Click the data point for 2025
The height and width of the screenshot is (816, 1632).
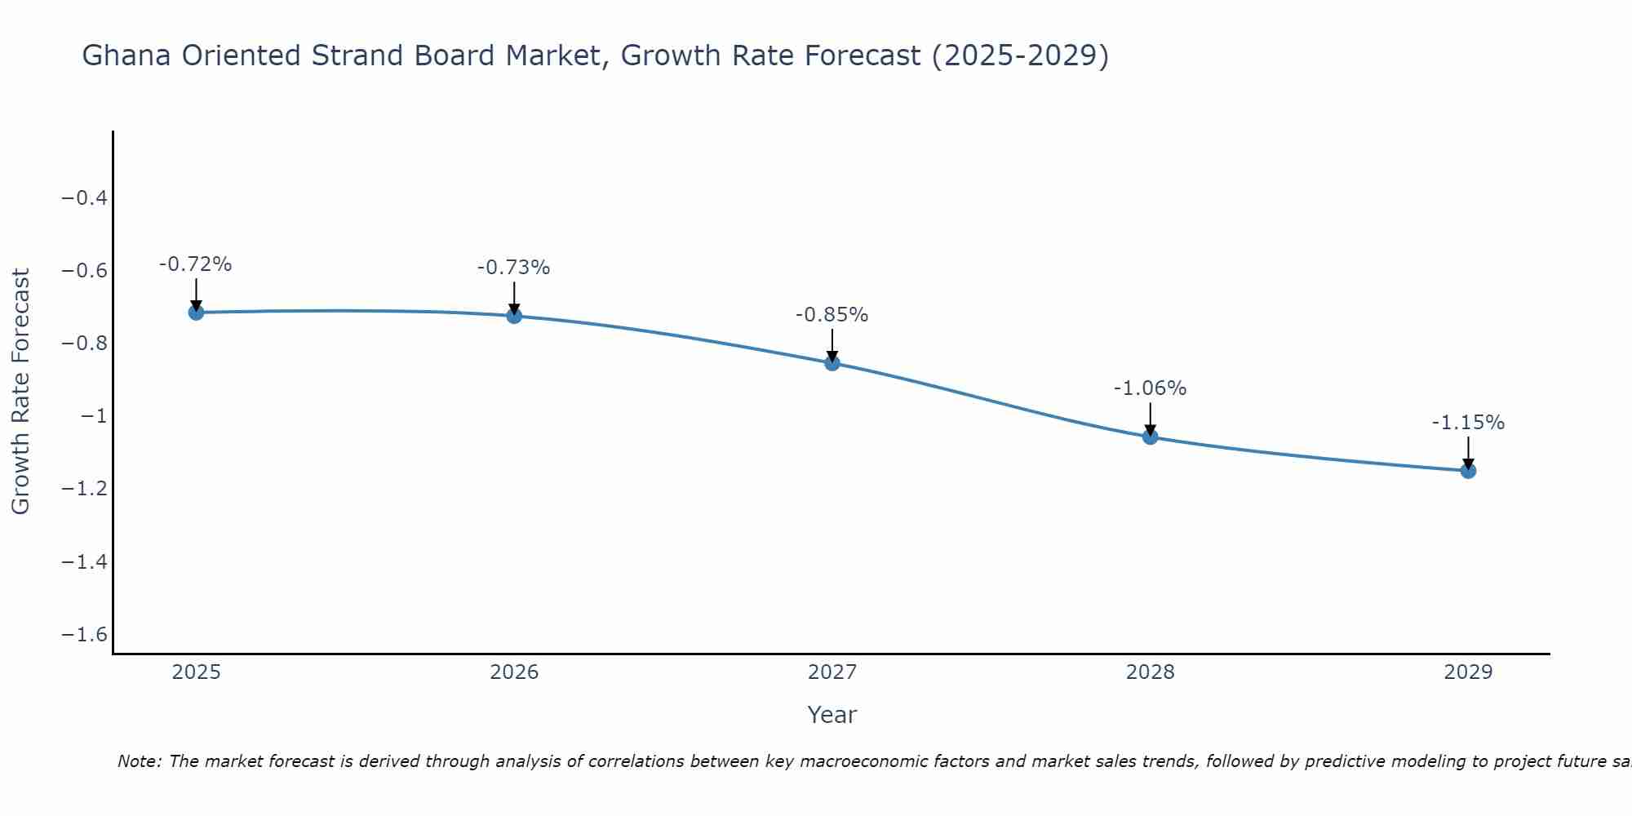(196, 312)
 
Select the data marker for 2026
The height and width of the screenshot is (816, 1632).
(514, 315)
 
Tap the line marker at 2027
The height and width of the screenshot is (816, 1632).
(832, 362)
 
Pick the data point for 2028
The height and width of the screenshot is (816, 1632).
(1150, 437)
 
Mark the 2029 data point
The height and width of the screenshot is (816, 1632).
(1468, 470)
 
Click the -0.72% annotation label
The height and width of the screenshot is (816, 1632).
(195, 264)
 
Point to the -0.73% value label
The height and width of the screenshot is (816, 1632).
(513, 268)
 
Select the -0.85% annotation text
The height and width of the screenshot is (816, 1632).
(832, 315)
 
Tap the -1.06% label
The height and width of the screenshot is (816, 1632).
(1150, 388)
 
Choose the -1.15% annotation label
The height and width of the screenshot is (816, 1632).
(1468, 423)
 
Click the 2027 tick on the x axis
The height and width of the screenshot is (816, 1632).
(832, 672)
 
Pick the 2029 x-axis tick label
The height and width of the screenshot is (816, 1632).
(1468, 672)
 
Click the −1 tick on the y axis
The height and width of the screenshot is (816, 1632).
(94, 416)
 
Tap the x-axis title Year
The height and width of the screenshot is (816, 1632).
(832, 715)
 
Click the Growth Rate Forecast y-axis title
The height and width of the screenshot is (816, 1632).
(21, 392)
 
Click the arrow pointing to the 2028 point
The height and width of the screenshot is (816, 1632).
(1150, 418)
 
